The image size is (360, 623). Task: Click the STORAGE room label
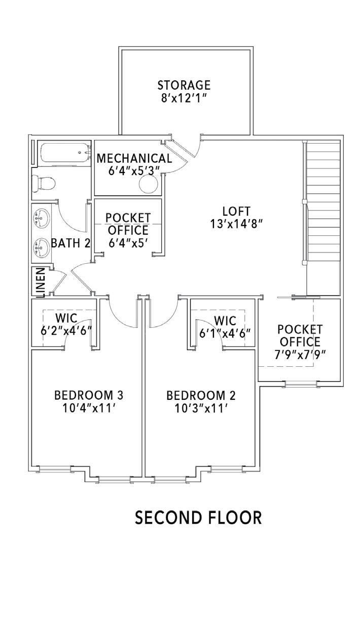point(184,85)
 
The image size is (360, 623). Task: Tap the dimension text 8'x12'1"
point(184,97)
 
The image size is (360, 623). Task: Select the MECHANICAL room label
point(134,158)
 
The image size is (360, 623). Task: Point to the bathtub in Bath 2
point(63,154)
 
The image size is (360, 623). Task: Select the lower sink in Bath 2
point(41,247)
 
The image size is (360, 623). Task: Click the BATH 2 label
point(70,243)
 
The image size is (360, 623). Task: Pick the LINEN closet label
point(40,282)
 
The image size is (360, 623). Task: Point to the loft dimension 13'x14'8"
point(236,223)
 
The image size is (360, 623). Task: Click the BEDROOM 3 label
point(89,395)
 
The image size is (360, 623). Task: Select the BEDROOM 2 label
point(201,395)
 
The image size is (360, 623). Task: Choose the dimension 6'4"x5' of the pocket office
point(128,243)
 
